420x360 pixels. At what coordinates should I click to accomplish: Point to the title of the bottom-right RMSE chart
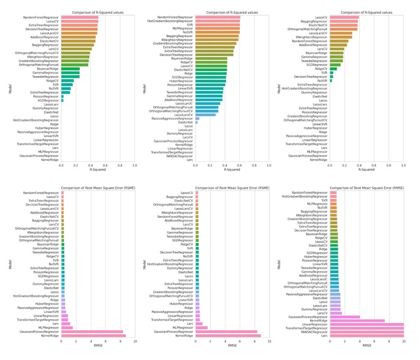[367, 187]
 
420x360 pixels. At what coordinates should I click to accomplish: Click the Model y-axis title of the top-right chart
[287, 89]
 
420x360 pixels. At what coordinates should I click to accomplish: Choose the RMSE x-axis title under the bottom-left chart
[98, 346]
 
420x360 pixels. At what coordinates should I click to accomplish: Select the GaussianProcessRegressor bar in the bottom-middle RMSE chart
[227, 332]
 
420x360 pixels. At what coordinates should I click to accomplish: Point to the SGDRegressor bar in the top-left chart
[62, 99]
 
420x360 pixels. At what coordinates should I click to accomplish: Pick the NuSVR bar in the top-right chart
[331, 80]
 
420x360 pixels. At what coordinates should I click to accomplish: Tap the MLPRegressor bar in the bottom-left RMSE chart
[67, 327]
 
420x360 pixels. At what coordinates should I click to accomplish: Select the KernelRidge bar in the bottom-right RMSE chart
[357, 320]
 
